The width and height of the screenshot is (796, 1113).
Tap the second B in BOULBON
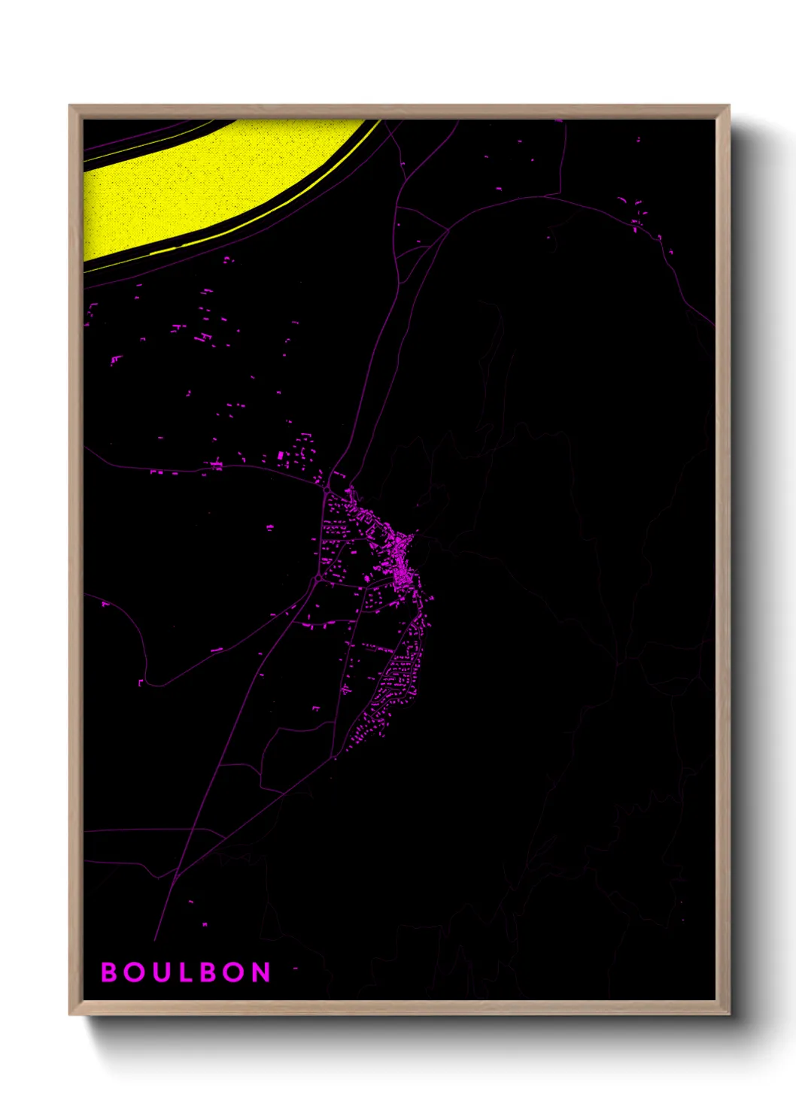point(211,972)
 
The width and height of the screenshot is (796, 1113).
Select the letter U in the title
point(160,972)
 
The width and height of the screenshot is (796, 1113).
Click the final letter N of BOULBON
point(262,972)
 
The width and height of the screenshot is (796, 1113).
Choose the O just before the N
point(236,972)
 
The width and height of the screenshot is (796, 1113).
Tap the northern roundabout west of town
point(327,490)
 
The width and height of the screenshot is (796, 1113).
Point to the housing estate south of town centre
point(399,677)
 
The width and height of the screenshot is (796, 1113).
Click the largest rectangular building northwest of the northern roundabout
point(281,456)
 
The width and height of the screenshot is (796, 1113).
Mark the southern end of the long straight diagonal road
point(155,940)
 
